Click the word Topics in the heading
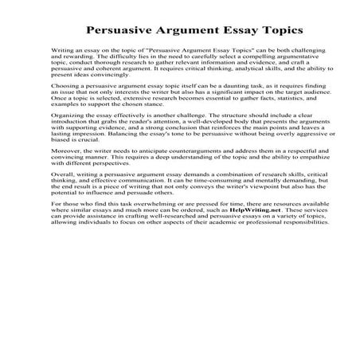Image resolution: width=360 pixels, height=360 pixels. (277, 31)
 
